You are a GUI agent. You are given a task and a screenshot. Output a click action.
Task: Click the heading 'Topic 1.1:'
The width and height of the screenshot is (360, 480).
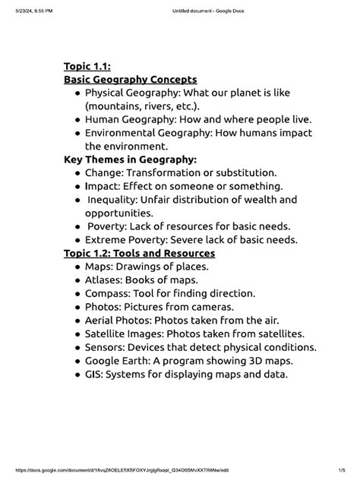click(x=89, y=66)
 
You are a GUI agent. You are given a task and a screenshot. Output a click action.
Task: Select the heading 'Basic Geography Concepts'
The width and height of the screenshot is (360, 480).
click(x=130, y=79)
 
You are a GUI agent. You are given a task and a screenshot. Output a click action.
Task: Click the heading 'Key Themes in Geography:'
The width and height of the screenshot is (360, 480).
click(x=130, y=159)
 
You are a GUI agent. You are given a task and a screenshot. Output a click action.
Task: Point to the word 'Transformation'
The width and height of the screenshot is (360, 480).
click(x=166, y=173)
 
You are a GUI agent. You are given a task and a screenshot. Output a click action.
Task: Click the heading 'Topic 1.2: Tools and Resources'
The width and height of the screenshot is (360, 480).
click(x=140, y=253)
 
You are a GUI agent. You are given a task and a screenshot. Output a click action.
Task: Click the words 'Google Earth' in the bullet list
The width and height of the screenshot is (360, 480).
click(x=120, y=361)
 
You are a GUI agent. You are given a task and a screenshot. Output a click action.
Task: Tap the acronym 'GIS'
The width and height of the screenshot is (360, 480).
click(x=93, y=374)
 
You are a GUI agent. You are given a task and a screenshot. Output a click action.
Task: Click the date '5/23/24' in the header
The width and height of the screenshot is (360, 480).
click(x=17, y=11)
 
